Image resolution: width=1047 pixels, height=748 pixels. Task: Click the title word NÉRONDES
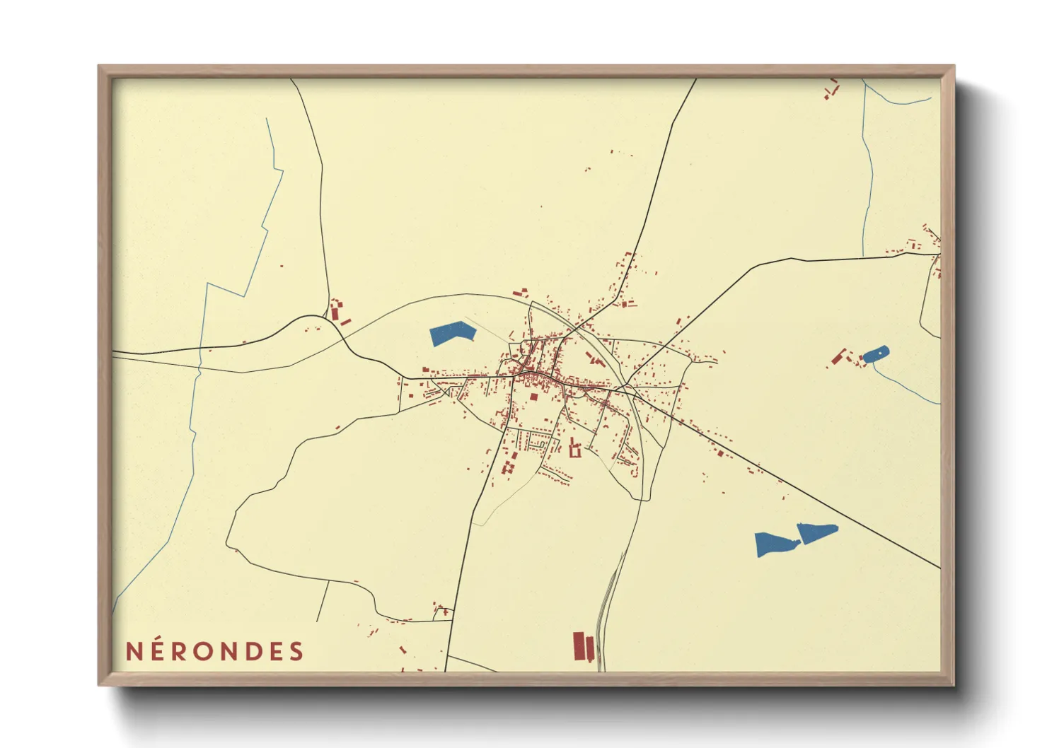coord(214,651)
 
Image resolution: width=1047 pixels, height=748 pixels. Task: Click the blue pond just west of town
coord(452,333)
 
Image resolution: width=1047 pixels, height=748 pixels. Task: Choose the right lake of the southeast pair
coord(816,532)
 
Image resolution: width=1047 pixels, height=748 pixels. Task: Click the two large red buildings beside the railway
coord(583,646)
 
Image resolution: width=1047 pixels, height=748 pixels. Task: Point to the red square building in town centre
coord(534,397)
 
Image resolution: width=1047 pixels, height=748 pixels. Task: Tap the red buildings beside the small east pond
coord(842,356)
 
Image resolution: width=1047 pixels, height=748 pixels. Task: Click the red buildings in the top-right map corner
coord(831,89)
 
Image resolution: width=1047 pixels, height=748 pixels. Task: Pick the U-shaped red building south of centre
coord(574,450)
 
